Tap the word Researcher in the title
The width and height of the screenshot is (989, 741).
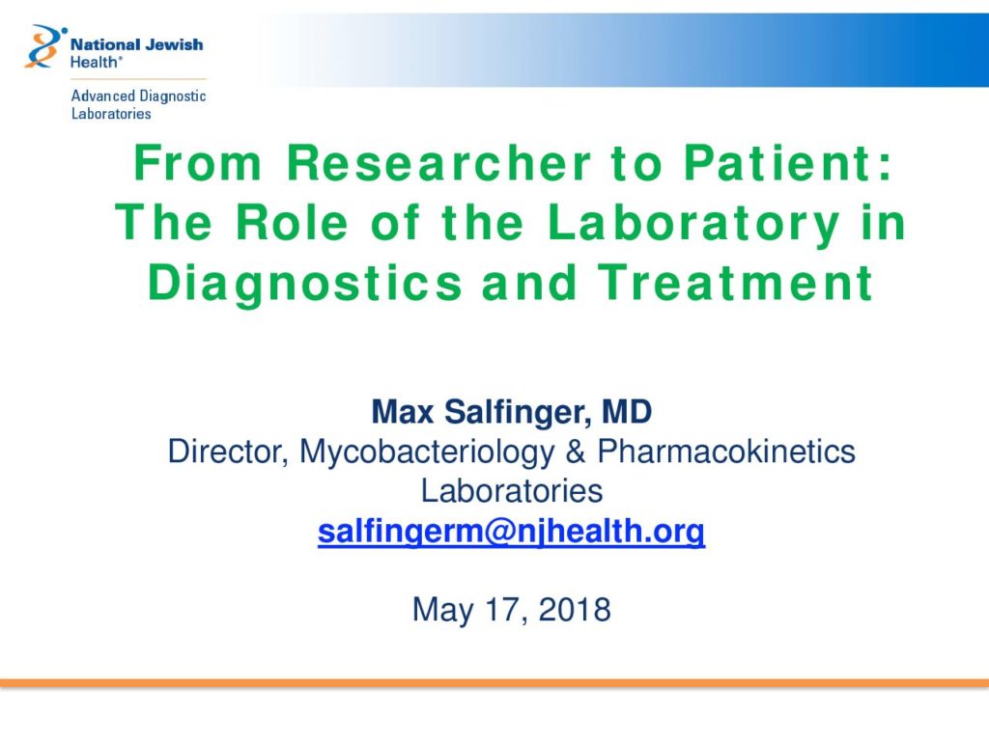click(439, 163)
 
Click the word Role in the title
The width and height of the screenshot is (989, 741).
click(292, 223)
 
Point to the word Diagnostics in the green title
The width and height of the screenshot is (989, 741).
click(305, 284)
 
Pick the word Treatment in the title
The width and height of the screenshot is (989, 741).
click(735, 283)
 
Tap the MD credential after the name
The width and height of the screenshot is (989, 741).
click(626, 412)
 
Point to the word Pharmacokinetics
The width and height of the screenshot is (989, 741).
click(726, 452)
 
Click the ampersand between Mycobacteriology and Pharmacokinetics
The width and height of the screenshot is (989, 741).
click(576, 453)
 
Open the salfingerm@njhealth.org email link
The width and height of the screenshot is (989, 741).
click(512, 532)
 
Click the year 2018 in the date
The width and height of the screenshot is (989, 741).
click(575, 610)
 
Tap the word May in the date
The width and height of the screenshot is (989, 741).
click(442, 611)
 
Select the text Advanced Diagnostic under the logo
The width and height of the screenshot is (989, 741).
click(138, 96)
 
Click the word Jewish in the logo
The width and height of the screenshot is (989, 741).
click(174, 44)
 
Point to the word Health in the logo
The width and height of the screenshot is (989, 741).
click(94, 63)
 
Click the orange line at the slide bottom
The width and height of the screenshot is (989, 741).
click(494, 683)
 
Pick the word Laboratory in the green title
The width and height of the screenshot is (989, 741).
click(693, 224)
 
